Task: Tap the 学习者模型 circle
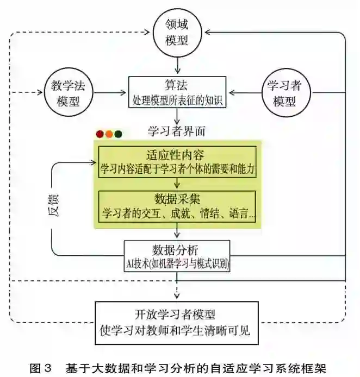(x=284, y=92)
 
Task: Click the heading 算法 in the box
(x=177, y=85)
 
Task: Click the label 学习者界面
(x=176, y=130)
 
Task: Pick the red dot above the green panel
(x=100, y=134)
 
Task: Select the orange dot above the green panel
(x=109, y=134)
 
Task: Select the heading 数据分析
(x=177, y=250)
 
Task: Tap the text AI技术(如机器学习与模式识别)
(x=177, y=263)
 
